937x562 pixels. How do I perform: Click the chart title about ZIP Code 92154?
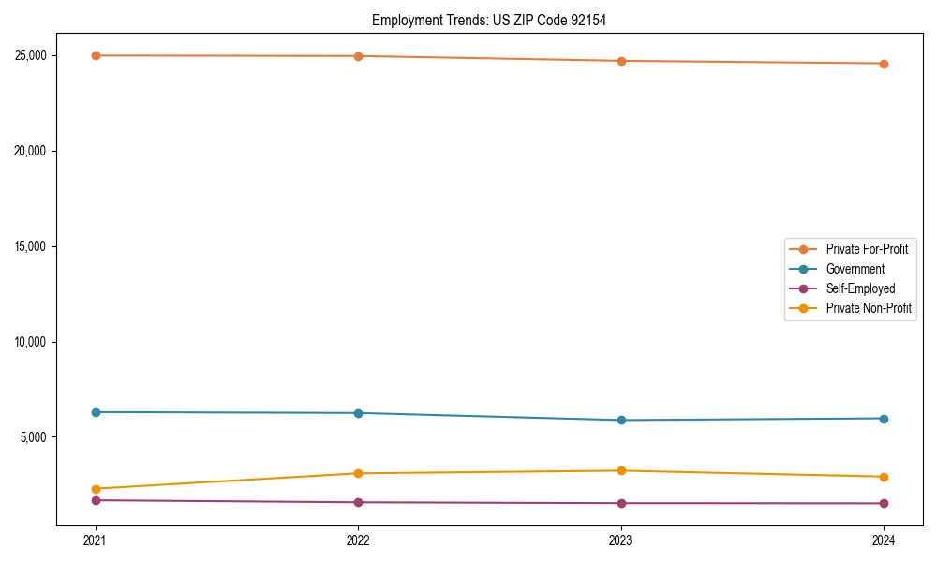tap(489, 20)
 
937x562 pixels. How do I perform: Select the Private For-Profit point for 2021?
tap(96, 55)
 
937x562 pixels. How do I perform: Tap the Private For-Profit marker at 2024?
tap(884, 64)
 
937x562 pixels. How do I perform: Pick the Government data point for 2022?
tap(358, 413)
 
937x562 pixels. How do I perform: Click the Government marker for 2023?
tap(621, 420)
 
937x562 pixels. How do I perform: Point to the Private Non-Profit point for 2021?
tap(96, 489)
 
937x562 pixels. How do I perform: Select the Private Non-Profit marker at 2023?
tap(621, 470)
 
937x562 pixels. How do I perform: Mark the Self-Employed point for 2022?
tap(358, 502)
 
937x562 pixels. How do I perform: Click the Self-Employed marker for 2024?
tap(884, 503)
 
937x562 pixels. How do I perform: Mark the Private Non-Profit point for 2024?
tap(884, 477)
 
